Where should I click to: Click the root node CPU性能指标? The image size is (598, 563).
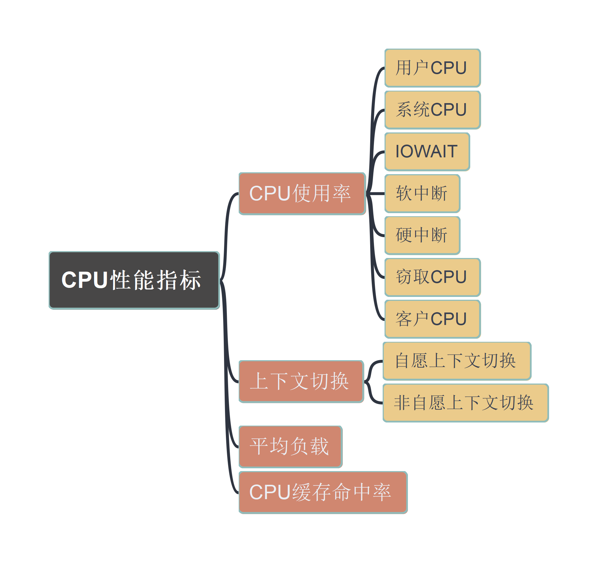134,280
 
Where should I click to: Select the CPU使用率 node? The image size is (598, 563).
302,193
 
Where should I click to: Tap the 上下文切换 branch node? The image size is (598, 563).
301,381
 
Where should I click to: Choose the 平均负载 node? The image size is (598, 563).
290,446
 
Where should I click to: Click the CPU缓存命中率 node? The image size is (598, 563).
323,492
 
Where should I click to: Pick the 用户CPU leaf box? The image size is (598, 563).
432,68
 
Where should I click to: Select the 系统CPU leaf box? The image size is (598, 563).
432,110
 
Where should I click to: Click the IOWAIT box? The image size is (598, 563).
427,151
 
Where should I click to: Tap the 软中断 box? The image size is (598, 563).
422,193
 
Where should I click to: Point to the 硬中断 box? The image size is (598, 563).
422,235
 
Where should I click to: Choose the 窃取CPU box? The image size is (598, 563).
432,277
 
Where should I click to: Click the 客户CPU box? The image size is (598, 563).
432,319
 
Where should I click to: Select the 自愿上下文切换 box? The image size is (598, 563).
457,361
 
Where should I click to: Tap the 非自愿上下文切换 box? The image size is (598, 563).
465,403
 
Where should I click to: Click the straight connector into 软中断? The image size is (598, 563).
376,193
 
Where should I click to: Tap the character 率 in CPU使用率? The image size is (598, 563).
342,193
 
